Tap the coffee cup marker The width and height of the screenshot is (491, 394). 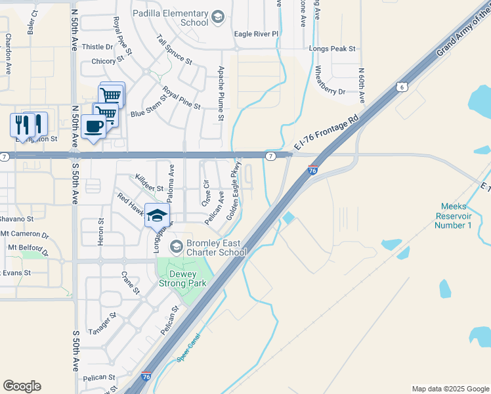[94, 125]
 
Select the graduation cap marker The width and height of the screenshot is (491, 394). [158, 215]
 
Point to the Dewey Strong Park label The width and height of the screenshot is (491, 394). [183, 278]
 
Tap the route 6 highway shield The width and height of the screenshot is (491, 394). [402, 87]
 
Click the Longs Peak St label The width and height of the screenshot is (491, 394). [332, 49]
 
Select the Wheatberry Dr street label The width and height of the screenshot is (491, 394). [330, 81]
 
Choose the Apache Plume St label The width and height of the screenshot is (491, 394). [221, 94]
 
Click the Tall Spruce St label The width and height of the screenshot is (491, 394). [175, 49]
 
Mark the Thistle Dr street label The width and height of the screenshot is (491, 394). [97, 47]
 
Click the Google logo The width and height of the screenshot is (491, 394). [22, 385]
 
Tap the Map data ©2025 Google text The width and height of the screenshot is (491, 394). [450, 389]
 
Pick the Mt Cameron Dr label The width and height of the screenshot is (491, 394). [24, 234]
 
